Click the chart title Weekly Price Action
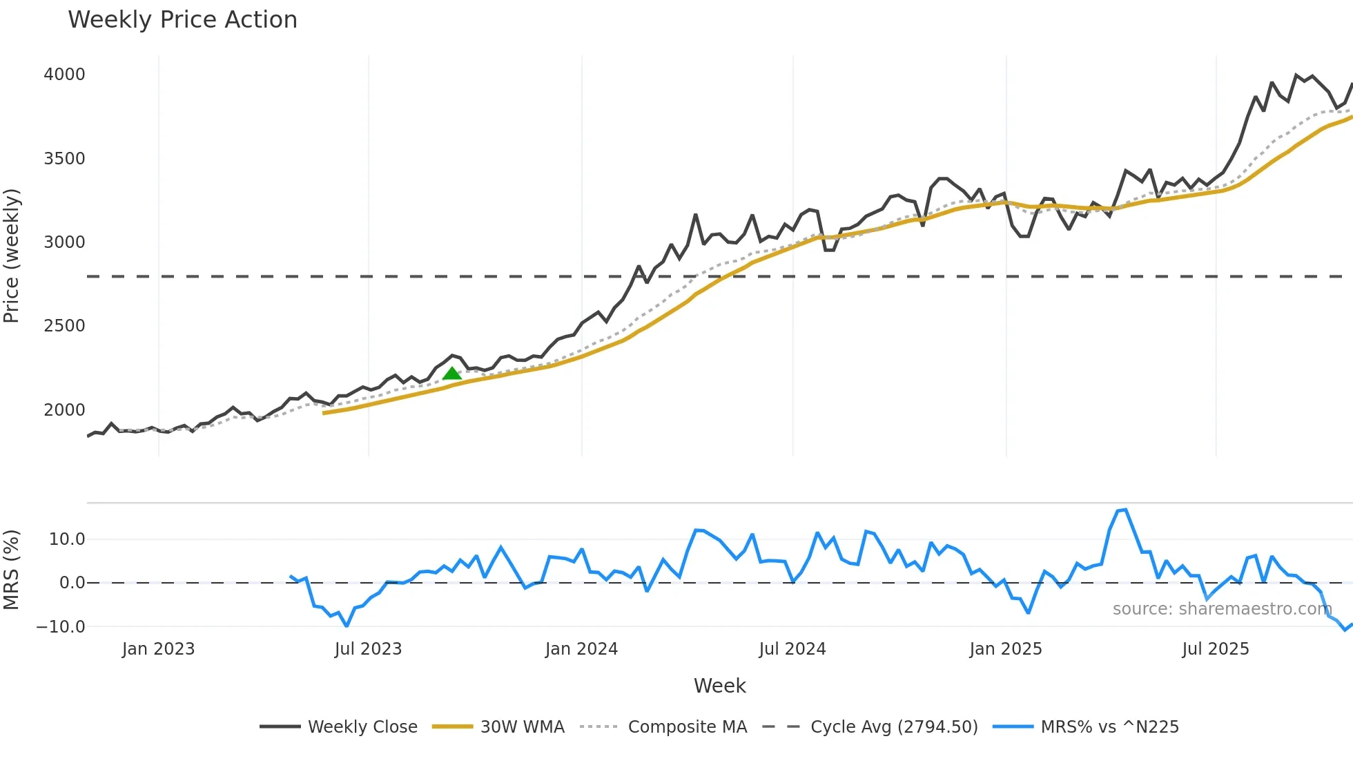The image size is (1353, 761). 182,20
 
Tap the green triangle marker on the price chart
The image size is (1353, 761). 451,374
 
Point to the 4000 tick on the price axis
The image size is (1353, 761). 64,75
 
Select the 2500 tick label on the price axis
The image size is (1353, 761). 64,326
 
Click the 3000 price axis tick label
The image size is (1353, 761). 64,242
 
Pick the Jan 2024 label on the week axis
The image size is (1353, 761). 581,649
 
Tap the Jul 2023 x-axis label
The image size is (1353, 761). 368,649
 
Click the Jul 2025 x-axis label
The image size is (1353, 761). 1215,649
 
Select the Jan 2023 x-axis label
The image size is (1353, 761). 158,649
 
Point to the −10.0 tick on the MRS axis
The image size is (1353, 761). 61,627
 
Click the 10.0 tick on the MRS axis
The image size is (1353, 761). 67,539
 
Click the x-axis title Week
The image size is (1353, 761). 719,686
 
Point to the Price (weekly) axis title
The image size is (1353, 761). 12,256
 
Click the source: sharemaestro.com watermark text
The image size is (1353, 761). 1222,609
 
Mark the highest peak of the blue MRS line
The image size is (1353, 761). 1125,510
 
